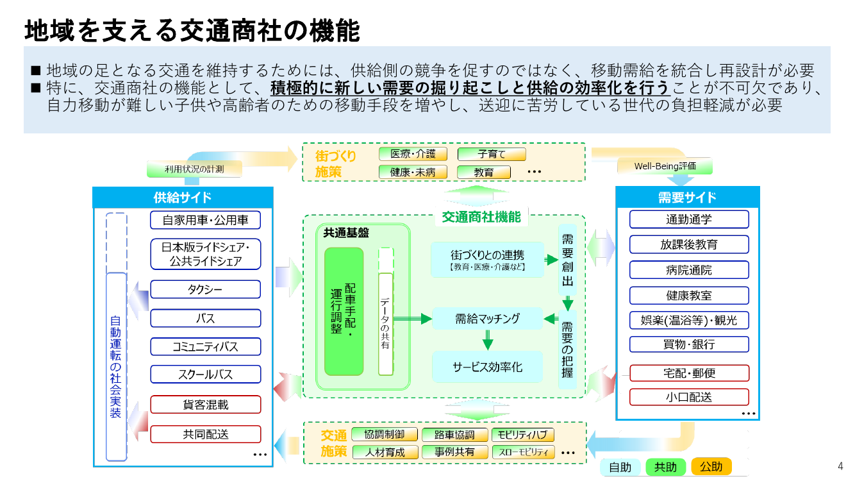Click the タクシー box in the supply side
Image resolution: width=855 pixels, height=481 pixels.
point(205,289)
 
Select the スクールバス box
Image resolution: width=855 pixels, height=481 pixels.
point(205,374)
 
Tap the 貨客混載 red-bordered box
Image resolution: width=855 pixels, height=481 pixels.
point(205,404)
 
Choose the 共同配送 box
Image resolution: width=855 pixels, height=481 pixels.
point(205,434)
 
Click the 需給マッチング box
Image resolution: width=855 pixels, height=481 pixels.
point(487,318)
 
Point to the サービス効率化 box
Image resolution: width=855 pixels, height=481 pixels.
point(487,367)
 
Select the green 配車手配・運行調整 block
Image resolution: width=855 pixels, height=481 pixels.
point(344,312)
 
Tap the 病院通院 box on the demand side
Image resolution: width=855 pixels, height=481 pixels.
point(689,270)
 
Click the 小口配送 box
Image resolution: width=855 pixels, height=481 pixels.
point(689,397)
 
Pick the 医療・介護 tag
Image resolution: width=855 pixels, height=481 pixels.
point(413,154)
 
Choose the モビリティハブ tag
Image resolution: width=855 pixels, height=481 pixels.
point(522,434)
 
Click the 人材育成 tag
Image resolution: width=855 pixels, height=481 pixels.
point(385,452)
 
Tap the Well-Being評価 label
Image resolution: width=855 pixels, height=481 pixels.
point(665,166)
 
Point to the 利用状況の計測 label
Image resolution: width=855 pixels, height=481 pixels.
point(194,169)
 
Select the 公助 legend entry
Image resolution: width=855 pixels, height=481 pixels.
point(711,466)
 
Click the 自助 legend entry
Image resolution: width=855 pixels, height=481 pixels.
point(620,467)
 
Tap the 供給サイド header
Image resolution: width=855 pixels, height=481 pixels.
point(183,198)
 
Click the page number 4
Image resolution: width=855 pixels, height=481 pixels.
point(840,466)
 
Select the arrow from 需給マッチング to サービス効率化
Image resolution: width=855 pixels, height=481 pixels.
point(487,340)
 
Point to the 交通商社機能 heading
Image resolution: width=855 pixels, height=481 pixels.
point(481,217)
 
